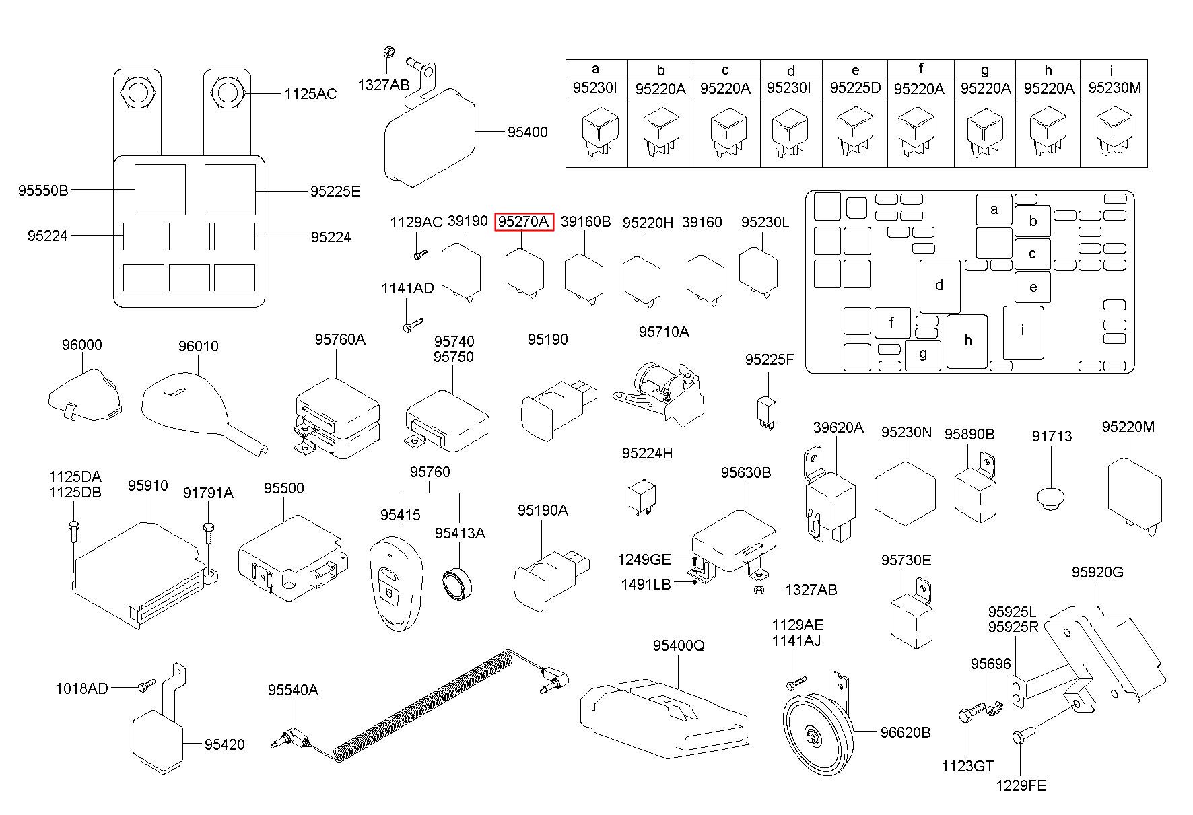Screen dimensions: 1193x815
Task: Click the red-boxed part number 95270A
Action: pyautogui.click(x=524, y=222)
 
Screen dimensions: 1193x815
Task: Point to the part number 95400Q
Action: pyautogui.click(x=678, y=645)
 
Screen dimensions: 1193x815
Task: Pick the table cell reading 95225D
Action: pyautogui.click(x=855, y=88)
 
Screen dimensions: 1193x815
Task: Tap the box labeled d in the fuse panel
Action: pyautogui.click(x=940, y=286)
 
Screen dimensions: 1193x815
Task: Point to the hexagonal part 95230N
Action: pyautogui.click(x=905, y=493)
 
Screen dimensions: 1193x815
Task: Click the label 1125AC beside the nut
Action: pyautogui.click(x=310, y=94)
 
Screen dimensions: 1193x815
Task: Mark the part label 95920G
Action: pyautogui.click(x=1097, y=572)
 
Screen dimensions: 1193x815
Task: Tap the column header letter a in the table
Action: pyautogui.click(x=595, y=69)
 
